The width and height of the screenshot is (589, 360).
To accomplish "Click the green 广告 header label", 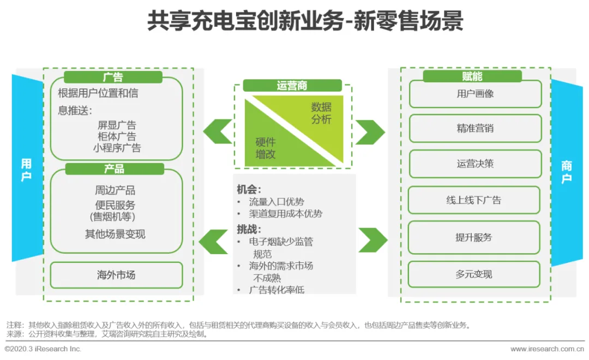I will (113, 77).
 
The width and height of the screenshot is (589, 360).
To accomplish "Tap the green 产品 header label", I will (114, 169).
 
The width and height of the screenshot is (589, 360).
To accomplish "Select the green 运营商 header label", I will (292, 86).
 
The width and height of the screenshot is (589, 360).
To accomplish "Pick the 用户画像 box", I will (475, 94).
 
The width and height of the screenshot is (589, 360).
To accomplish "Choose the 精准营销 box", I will (475, 129).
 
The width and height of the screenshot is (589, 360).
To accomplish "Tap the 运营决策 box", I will (475, 164).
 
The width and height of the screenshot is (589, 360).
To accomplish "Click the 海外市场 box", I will (116, 275).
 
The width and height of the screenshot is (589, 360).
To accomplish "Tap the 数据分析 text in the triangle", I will (321, 113).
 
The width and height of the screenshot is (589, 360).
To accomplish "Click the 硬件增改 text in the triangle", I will (266, 148).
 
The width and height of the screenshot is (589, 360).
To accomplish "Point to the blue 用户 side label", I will (26, 170).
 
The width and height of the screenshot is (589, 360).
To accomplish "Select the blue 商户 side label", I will (567, 172).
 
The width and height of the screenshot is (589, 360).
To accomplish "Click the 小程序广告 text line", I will (117, 148).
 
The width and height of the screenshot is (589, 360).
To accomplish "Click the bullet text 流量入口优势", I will (277, 202).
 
